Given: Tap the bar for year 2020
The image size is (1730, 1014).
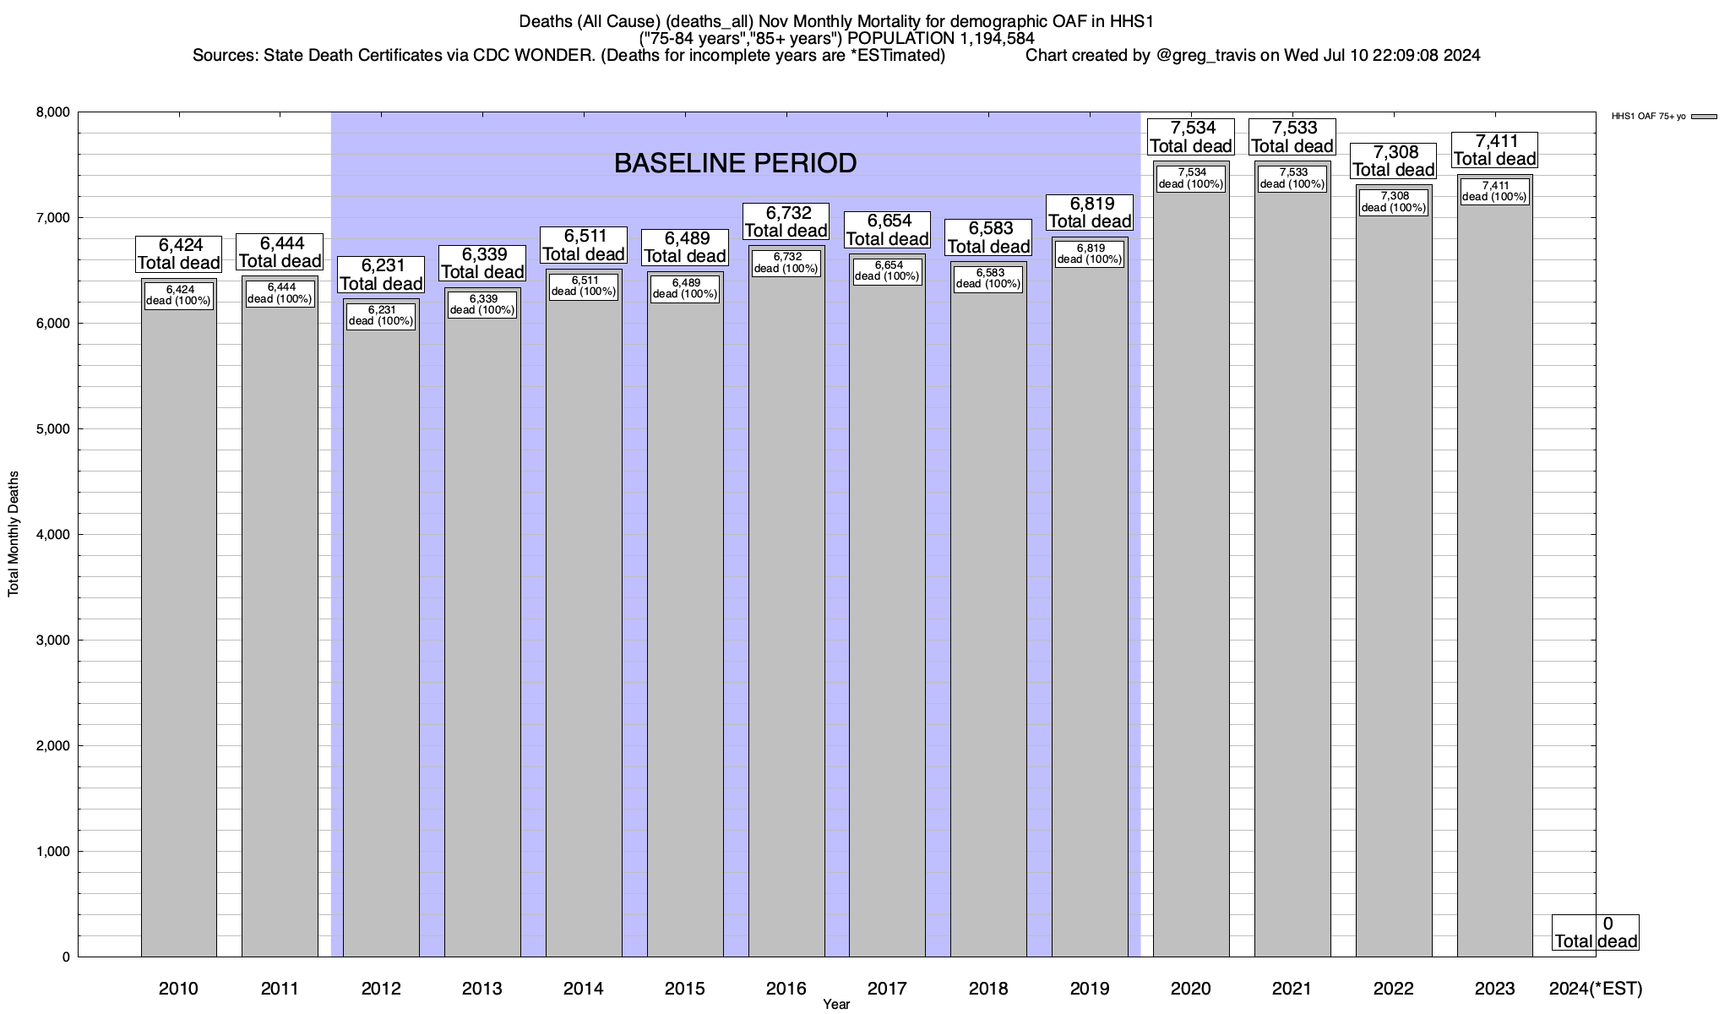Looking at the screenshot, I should point(1191,591).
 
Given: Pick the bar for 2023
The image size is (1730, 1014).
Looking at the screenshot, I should point(1494,591).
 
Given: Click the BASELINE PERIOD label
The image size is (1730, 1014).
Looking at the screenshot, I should point(735,163).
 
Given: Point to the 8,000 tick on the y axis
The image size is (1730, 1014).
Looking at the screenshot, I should point(52,112).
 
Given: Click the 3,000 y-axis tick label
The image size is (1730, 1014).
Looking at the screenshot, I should point(52,641).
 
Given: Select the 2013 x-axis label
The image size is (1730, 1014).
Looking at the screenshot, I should point(482,989).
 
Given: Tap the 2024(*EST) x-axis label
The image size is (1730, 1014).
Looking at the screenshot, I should point(1596,989).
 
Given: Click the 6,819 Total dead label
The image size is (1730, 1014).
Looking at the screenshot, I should point(1090,213).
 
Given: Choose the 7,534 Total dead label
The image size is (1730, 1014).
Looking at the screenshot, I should point(1191,137).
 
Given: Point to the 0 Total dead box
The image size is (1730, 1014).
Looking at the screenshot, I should point(1596,933).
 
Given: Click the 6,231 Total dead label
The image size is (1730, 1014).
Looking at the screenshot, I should point(381,275).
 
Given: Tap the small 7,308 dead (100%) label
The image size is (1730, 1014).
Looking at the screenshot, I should point(1393,202).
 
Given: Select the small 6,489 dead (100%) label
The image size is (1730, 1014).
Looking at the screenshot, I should point(685,289).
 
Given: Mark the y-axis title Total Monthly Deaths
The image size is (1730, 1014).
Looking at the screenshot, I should point(14,533).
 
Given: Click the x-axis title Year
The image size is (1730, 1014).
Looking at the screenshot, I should point(836,1005).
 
